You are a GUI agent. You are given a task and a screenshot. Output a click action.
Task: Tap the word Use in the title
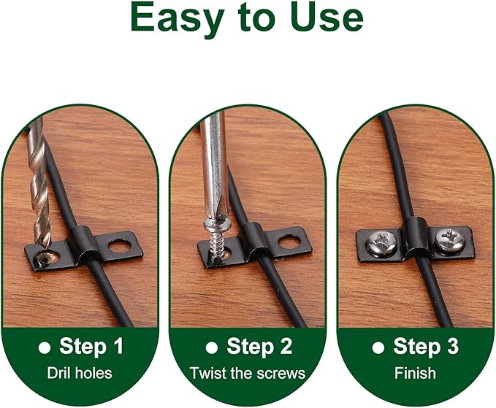(327, 18)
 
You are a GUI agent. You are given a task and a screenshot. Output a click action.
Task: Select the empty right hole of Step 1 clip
(120, 246)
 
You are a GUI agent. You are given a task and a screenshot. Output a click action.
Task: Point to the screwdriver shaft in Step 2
(214, 164)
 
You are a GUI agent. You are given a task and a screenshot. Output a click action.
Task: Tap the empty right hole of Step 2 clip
(289, 242)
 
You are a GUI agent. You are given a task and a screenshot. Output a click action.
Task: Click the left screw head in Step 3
(382, 242)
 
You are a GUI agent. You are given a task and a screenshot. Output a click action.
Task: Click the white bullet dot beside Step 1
(45, 347)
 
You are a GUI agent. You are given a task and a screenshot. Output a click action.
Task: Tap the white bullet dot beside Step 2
(212, 347)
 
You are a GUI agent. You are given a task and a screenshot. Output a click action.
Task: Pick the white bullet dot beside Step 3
(378, 347)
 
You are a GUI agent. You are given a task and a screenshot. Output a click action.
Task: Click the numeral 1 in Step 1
(118, 346)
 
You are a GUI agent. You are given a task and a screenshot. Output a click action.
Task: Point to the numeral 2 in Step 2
(286, 346)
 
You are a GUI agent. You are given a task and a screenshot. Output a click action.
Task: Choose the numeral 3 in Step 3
(452, 346)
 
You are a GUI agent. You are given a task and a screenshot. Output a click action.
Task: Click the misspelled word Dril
(56, 373)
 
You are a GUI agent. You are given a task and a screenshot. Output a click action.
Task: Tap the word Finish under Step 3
(415, 373)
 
